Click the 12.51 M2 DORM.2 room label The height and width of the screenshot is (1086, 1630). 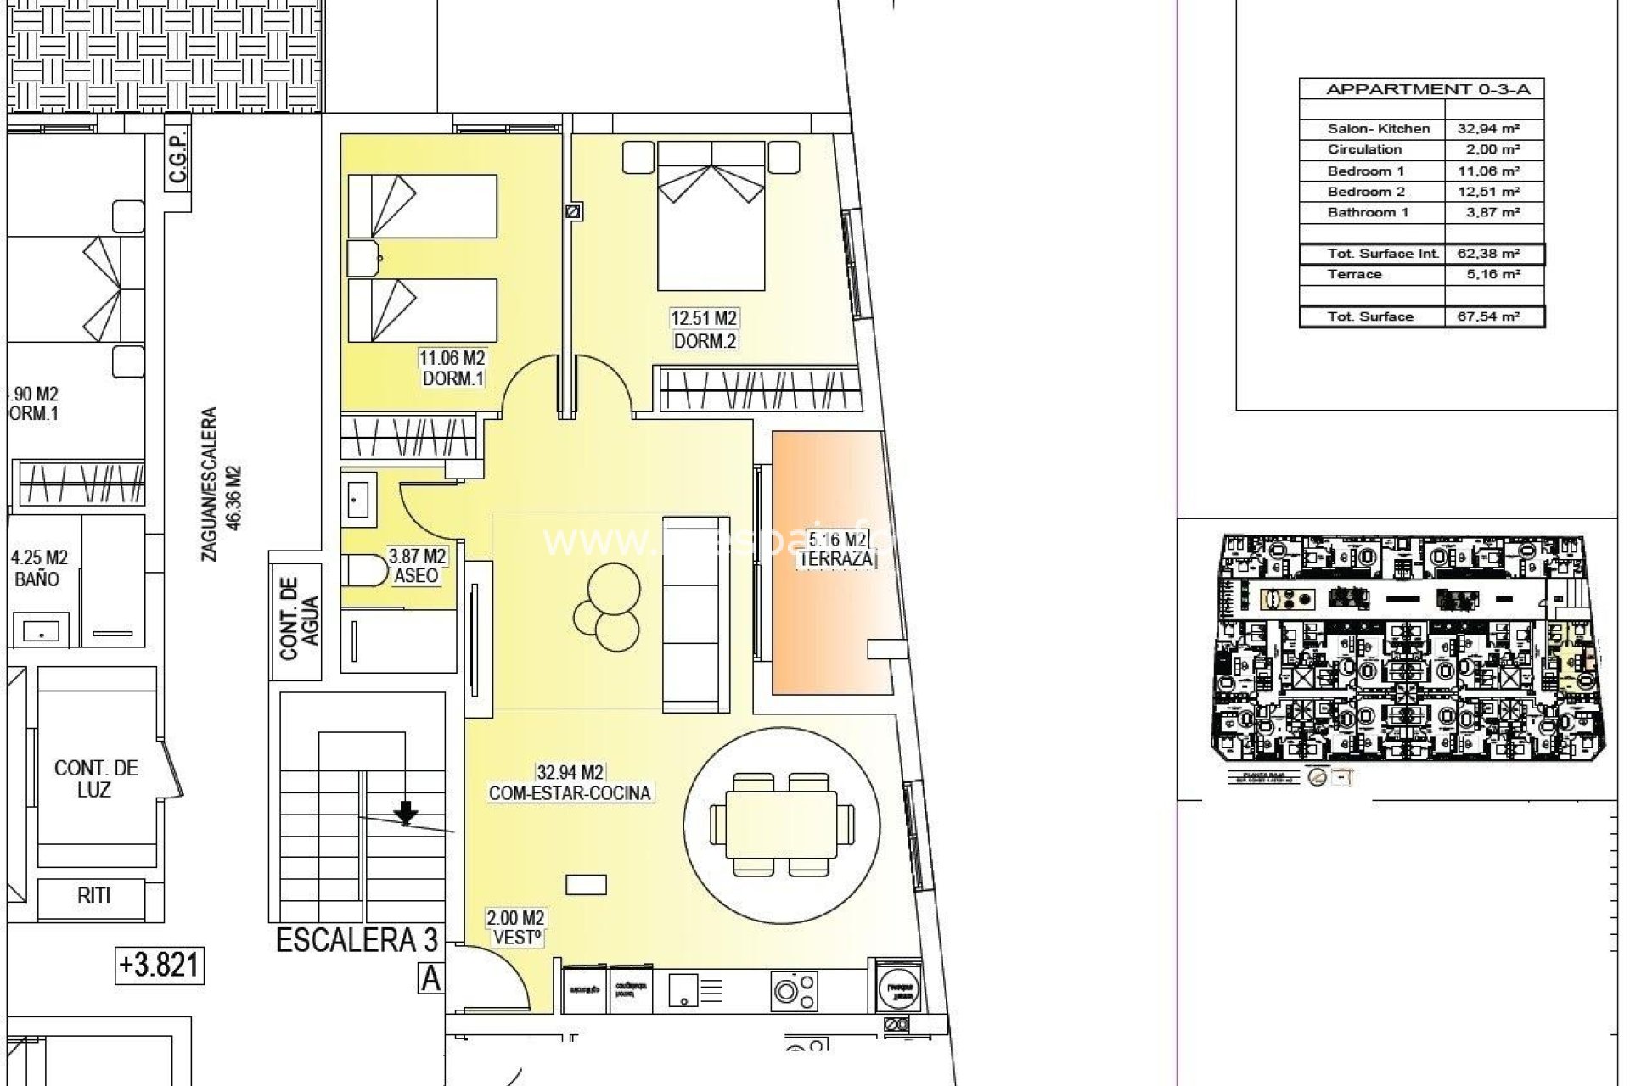coord(704,330)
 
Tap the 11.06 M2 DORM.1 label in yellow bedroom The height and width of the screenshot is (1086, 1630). coord(452,368)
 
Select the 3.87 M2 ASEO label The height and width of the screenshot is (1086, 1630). coord(416,566)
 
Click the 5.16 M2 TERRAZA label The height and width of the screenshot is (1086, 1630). coord(837,550)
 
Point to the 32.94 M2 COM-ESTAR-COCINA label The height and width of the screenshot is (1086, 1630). coord(570,783)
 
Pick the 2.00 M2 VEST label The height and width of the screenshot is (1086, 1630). coord(516,928)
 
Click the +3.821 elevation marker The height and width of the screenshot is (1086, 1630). coord(160,965)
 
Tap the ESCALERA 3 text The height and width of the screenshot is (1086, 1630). coord(357,940)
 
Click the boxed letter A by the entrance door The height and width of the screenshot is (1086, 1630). coord(430,979)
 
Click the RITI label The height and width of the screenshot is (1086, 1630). coord(93,895)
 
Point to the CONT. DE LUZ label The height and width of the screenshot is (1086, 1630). coord(95,778)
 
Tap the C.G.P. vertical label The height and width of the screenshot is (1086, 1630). coord(177,159)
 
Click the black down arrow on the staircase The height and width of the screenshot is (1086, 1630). coord(407,813)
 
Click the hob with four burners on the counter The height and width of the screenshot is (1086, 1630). coord(794,989)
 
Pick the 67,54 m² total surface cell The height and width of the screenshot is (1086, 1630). coord(1492,316)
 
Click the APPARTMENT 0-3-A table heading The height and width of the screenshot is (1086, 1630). coord(1421,89)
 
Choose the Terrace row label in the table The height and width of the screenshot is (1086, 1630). coord(1355,274)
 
